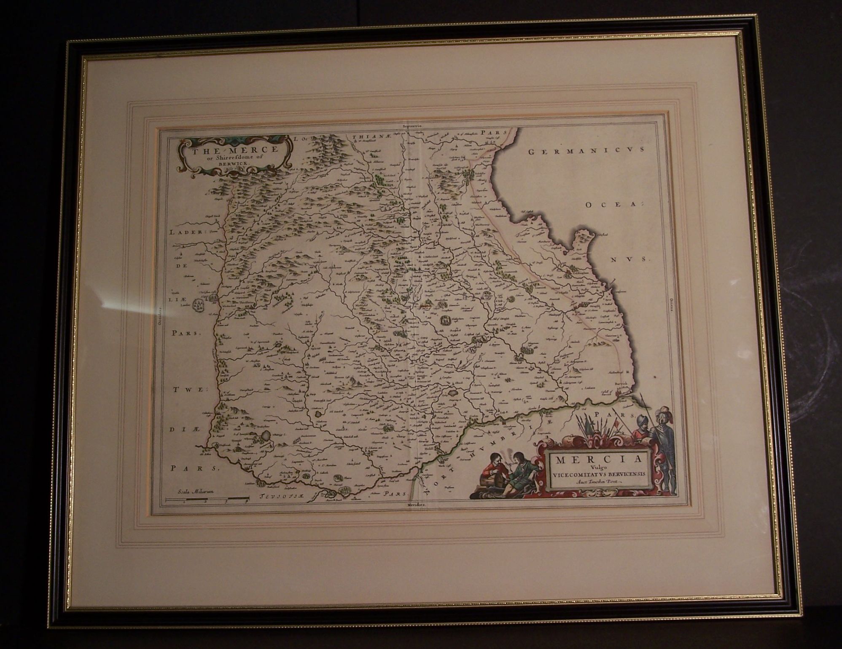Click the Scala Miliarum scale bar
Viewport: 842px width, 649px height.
click(207, 500)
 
